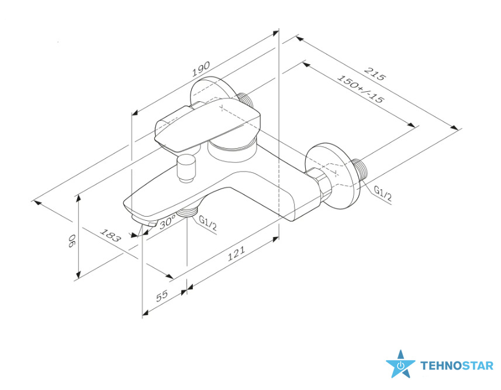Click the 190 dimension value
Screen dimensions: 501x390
tap(201, 69)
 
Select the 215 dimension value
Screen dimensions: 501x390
tap(375, 74)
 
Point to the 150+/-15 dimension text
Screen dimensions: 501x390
tap(360, 89)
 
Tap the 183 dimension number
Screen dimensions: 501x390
tap(110, 235)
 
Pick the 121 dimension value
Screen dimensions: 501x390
tap(236, 254)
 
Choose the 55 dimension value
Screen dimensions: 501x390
tap(162, 296)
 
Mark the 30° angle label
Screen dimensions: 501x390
tap(168, 221)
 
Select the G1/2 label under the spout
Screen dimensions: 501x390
tap(208, 223)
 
